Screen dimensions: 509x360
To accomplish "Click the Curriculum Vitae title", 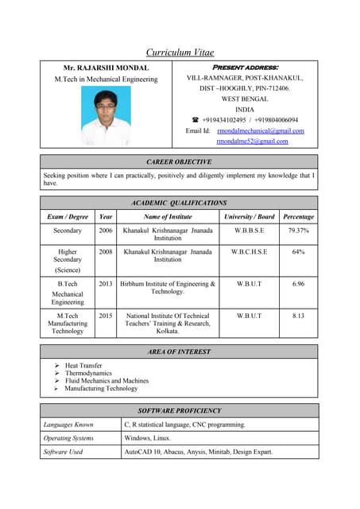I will point(180,52).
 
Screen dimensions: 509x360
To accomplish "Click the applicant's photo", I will point(106,115).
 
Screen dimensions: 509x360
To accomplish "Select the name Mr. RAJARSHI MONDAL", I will point(106,68).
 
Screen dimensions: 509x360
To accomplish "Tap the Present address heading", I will point(244,68).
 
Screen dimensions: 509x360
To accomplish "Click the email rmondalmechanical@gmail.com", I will point(261,130).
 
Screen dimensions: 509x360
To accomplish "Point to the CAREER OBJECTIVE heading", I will point(179,161).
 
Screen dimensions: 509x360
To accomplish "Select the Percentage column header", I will point(298,216).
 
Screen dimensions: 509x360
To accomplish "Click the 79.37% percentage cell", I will point(298,231).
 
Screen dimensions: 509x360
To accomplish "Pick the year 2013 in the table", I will point(105,284).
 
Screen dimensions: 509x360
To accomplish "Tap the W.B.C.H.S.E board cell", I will point(249,252).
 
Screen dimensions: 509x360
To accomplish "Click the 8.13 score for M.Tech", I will point(298,316).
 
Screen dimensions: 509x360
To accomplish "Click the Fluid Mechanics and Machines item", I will point(106,381).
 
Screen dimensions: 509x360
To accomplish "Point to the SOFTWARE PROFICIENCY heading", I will point(179,410).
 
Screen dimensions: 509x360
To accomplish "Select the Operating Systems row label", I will point(68,438).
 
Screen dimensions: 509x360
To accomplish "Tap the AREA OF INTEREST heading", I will point(179,351).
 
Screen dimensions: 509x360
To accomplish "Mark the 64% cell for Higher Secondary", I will point(298,252).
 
